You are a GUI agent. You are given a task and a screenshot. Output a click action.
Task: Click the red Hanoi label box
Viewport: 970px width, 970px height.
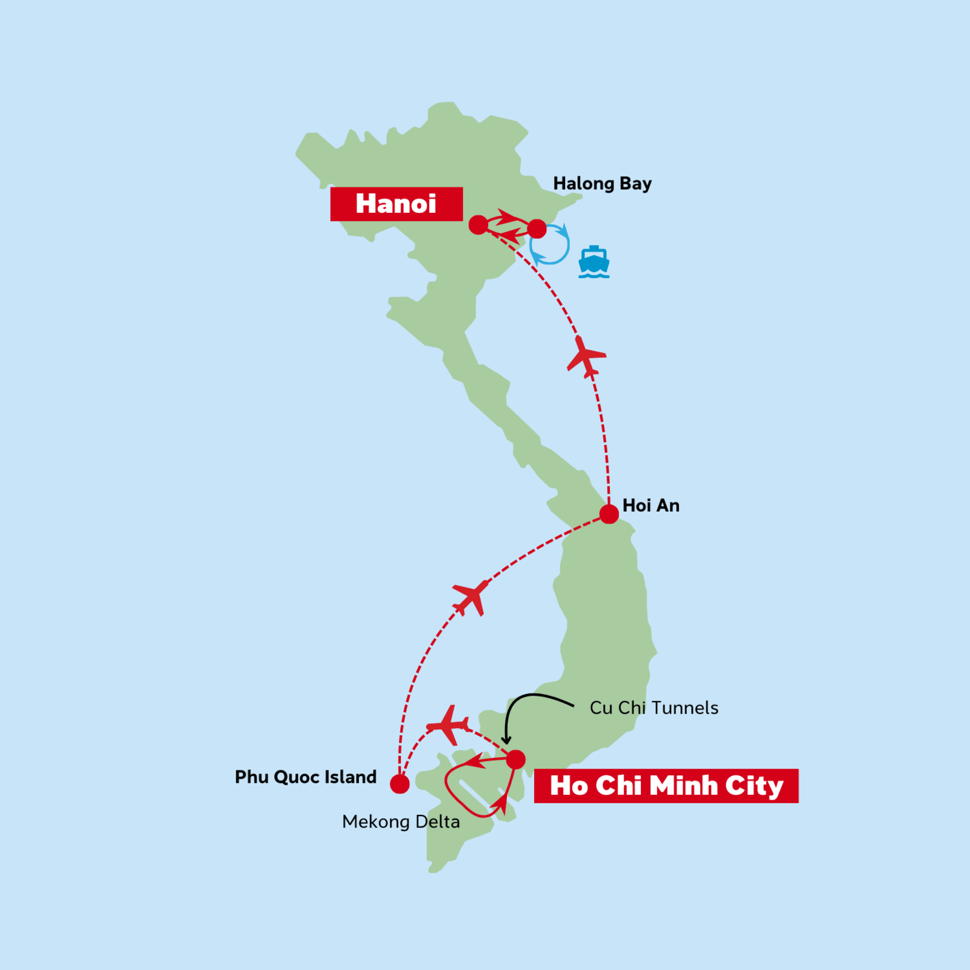click(396, 204)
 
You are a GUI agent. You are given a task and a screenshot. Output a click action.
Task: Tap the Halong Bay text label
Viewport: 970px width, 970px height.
click(602, 184)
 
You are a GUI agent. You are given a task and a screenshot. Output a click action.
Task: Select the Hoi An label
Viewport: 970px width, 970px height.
click(651, 506)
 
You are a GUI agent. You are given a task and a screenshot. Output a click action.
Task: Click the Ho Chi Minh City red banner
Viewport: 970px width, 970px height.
click(666, 786)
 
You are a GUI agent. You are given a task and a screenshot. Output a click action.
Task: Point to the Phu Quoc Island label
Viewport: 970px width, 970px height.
click(306, 777)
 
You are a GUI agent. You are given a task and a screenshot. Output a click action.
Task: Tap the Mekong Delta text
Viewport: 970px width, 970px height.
click(401, 822)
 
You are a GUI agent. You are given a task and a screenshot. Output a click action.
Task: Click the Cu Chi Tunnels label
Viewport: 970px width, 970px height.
click(654, 708)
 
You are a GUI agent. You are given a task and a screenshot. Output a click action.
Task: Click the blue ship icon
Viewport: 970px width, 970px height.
click(594, 262)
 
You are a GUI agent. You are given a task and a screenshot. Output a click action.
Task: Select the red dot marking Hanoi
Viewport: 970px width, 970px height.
click(478, 225)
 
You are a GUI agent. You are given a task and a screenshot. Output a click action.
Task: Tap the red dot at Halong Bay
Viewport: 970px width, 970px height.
click(537, 229)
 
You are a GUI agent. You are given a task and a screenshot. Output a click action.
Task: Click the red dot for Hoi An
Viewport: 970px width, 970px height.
click(609, 514)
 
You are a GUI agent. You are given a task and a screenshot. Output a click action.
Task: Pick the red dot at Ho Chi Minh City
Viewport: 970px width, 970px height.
click(515, 759)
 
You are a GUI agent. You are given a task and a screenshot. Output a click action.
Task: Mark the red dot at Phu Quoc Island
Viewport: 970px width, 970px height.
click(400, 784)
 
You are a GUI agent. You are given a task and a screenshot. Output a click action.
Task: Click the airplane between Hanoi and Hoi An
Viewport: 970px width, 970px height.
click(585, 356)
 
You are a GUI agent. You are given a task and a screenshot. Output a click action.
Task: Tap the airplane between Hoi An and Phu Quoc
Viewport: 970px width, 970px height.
click(472, 597)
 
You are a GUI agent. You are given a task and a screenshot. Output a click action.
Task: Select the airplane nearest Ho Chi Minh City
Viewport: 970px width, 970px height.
click(449, 725)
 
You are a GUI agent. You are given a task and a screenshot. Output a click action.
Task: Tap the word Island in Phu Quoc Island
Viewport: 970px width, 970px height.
click(350, 777)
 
